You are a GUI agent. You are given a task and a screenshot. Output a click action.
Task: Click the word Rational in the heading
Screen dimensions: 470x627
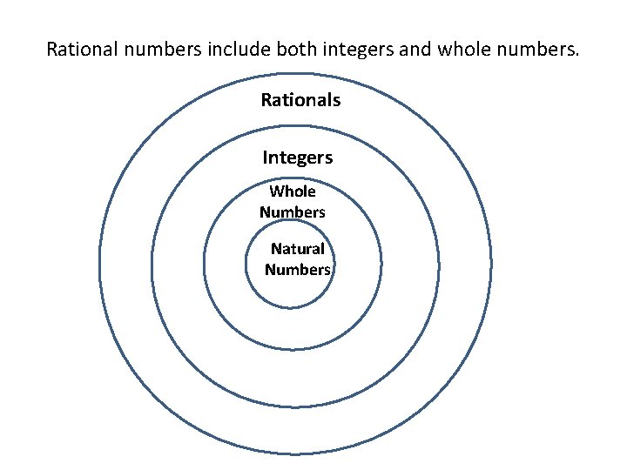click(x=80, y=48)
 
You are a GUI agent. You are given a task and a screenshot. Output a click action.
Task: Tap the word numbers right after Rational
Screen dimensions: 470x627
click(x=162, y=48)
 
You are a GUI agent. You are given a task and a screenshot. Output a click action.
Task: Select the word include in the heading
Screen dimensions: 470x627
click(x=238, y=48)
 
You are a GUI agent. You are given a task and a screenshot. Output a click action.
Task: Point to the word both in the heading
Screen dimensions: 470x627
click(x=296, y=48)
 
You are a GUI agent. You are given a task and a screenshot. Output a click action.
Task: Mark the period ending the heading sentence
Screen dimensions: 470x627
click(x=576, y=53)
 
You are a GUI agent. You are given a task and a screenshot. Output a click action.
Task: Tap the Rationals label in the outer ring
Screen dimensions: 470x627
click(x=300, y=100)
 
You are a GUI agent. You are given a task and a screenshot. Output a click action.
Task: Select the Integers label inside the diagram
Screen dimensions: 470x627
click(x=298, y=158)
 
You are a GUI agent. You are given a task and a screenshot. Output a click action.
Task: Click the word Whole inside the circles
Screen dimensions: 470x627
click(x=293, y=191)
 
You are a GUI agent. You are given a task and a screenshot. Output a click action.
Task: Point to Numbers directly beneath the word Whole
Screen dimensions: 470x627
click(x=293, y=211)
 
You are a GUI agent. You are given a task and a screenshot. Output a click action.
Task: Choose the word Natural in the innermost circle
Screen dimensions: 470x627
click(x=298, y=249)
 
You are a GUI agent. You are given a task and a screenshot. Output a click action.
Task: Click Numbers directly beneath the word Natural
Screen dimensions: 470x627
click(x=298, y=269)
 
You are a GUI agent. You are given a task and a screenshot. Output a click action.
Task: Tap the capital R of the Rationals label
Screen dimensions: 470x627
click(x=266, y=100)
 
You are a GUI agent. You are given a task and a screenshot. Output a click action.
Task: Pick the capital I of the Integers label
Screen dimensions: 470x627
click(x=265, y=158)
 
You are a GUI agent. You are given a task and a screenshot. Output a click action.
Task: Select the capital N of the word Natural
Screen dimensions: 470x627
click(x=276, y=249)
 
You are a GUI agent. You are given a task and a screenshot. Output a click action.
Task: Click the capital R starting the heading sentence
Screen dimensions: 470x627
click(x=51, y=48)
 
